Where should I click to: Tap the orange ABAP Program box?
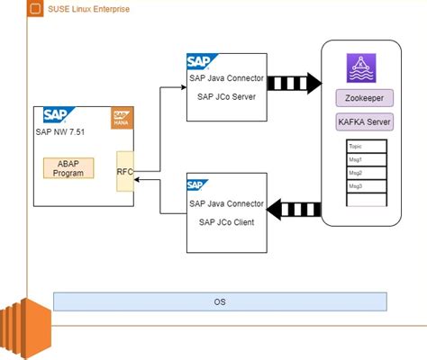[68, 168]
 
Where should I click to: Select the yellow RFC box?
[125, 173]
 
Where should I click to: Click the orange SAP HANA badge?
[123, 118]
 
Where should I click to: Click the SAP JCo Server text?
[225, 97]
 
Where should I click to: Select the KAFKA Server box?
[364, 121]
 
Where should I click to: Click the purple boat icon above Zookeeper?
[364, 68]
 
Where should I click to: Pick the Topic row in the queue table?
[364, 145]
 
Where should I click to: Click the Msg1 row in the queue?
[364, 158]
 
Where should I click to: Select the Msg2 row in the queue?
[364, 172]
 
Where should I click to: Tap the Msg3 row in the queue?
[364, 185]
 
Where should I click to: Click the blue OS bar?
[220, 301]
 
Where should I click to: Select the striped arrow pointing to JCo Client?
[294, 209]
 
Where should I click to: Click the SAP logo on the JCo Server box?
[199, 62]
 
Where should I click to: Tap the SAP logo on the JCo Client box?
[199, 186]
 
